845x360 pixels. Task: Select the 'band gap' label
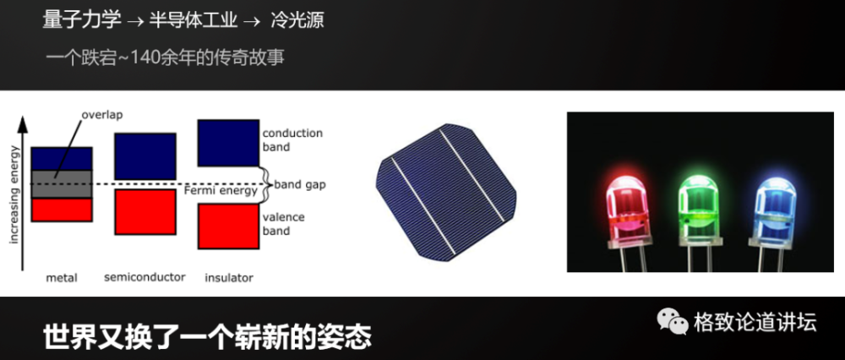tap(302, 183)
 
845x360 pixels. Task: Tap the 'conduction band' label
tap(292, 140)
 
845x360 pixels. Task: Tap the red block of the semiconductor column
tap(144, 212)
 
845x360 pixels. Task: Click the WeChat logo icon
tap(673, 322)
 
